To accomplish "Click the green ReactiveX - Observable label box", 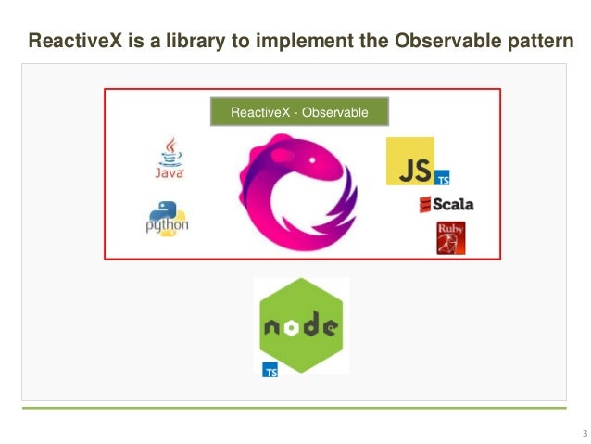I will tap(299, 112).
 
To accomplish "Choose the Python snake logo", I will tap(167, 215).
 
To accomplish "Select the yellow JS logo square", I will tap(409, 161).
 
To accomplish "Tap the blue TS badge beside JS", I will tap(443, 178).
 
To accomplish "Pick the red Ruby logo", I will tap(451, 237).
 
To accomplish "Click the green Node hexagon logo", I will tap(300, 324).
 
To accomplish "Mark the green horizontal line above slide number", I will tap(294, 408).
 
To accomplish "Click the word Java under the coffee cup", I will tap(169, 171).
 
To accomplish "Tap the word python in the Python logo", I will tap(167, 225).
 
